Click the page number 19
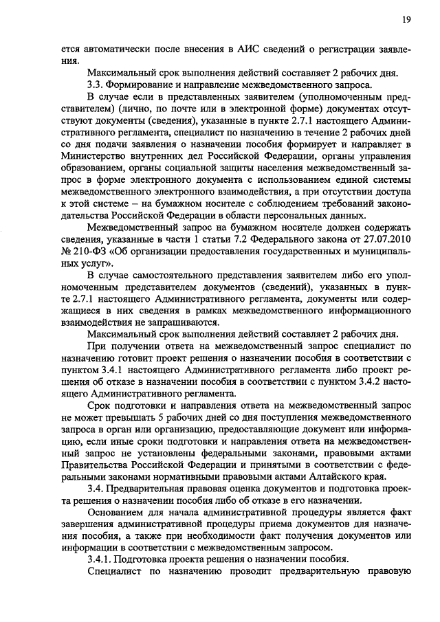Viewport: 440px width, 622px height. (406, 20)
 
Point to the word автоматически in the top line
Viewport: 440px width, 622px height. (117, 49)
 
